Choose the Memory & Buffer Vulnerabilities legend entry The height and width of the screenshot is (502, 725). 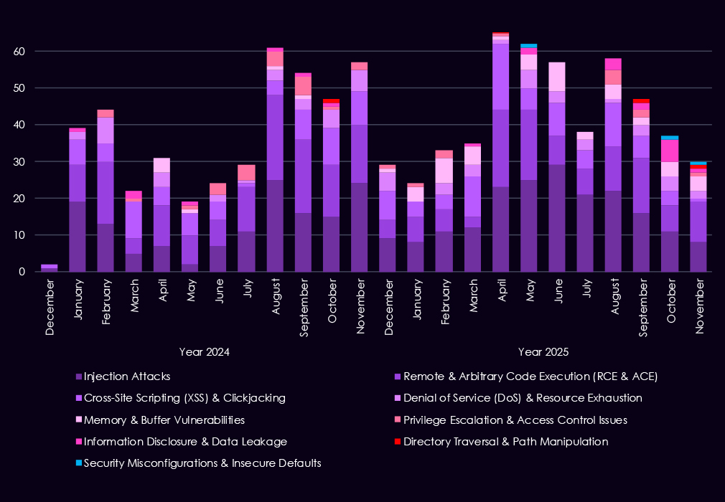tap(164, 420)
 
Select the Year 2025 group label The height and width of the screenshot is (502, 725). tap(543, 352)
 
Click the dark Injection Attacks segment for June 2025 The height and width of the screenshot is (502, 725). tap(556, 218)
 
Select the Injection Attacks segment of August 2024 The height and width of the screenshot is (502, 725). tap(275, 226)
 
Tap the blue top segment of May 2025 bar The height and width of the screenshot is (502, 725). tap(528, 46)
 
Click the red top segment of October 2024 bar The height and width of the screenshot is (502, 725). tap(331, 101)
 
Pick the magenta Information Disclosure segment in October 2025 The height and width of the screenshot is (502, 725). tap(669, 151)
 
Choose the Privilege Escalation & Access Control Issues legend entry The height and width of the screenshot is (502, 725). tap(515, 420)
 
